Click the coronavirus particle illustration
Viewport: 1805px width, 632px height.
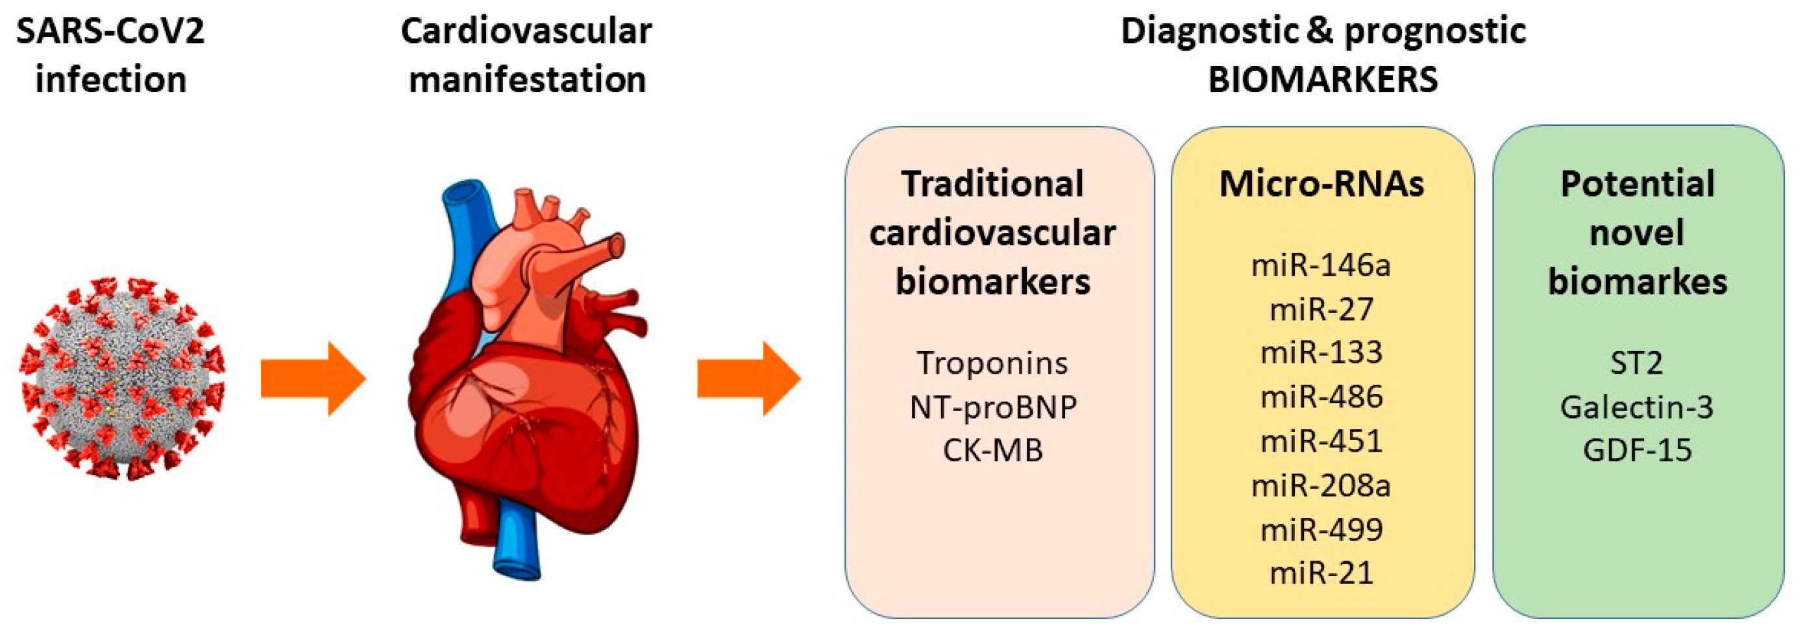click(123, 379)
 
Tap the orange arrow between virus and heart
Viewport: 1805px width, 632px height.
click(312, 379)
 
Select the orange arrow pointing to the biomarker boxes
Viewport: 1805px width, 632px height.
click(748, 379)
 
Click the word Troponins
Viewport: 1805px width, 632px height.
click(992, 363)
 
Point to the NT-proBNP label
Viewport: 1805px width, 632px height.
click(992, 407)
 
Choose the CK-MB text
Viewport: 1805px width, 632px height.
click(992, 450)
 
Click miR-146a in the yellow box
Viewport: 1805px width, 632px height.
click(1321, 265)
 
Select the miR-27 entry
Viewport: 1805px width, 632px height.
click(1321, 310)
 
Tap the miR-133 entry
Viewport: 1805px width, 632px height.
click(1321, 352)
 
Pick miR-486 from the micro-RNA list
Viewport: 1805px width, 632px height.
click(1321, 397)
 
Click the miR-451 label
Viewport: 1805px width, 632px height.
click(1321, 441)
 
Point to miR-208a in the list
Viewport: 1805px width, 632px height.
click(1321, 485)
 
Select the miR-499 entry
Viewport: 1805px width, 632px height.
click(1321, 529)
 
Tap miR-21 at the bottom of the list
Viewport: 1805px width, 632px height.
click(1321, 573)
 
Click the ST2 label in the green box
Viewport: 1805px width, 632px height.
click(1637, 363)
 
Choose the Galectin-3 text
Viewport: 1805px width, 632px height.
click(1637, 407)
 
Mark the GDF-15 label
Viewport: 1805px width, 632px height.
click(1637, 450)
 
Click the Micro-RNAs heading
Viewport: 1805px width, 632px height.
click(1321, 184)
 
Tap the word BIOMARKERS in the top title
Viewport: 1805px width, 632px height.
click(1322, 79)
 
